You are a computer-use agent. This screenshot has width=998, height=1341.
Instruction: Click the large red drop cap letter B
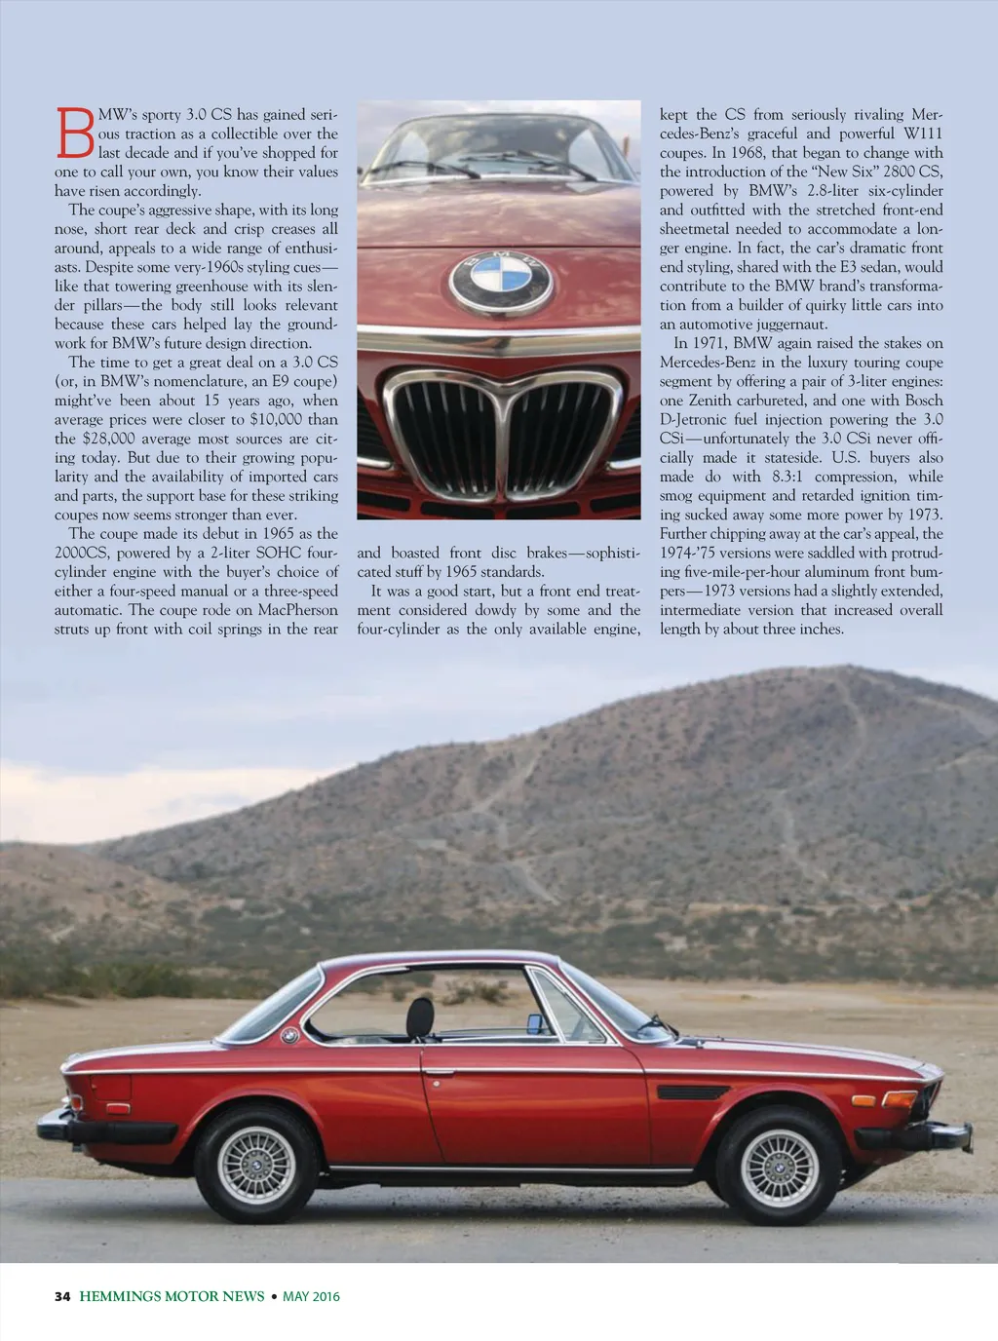pos(75,133)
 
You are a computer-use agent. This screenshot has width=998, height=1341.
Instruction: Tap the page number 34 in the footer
pos(62,1296)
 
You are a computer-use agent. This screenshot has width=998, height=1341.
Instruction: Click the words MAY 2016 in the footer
pos(311,1296)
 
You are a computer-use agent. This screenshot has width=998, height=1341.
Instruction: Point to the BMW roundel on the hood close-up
pos(500,280)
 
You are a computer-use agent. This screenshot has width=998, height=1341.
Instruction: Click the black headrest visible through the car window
pos(420,1018)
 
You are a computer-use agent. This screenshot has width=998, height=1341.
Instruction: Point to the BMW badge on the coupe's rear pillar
pos(289,1036)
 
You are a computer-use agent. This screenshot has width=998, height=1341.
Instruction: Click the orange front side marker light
pos(864,1100)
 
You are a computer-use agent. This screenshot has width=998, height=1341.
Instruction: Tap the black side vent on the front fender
pos(692,1092)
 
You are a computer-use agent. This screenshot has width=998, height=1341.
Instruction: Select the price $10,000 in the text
pos(276,419)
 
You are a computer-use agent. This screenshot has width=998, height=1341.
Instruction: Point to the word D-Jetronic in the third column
pos(700,419)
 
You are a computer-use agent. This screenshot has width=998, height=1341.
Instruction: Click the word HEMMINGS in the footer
pos(127,1296)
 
